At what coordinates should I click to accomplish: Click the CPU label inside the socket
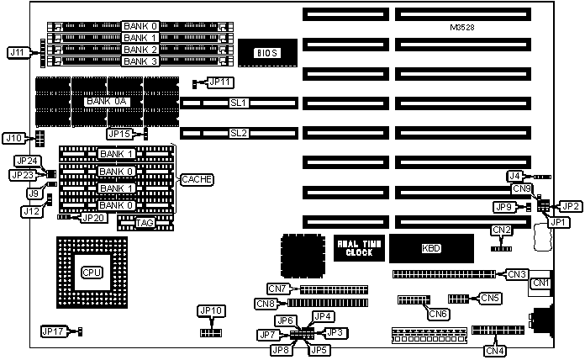tap(91, 273)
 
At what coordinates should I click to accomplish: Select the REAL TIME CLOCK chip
tap(360, 248)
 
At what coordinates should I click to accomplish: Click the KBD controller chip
tap(430, 248)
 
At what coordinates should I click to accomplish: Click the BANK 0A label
tap(108, 102)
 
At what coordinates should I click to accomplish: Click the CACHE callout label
tap(196, 179)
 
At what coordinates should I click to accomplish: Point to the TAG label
tap(145, 222)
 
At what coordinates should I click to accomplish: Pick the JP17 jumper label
tap(54, 331)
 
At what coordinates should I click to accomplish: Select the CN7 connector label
tap(277, 289)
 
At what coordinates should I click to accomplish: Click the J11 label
tap(17, 52)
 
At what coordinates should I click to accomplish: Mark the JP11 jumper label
tap(220, 82)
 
